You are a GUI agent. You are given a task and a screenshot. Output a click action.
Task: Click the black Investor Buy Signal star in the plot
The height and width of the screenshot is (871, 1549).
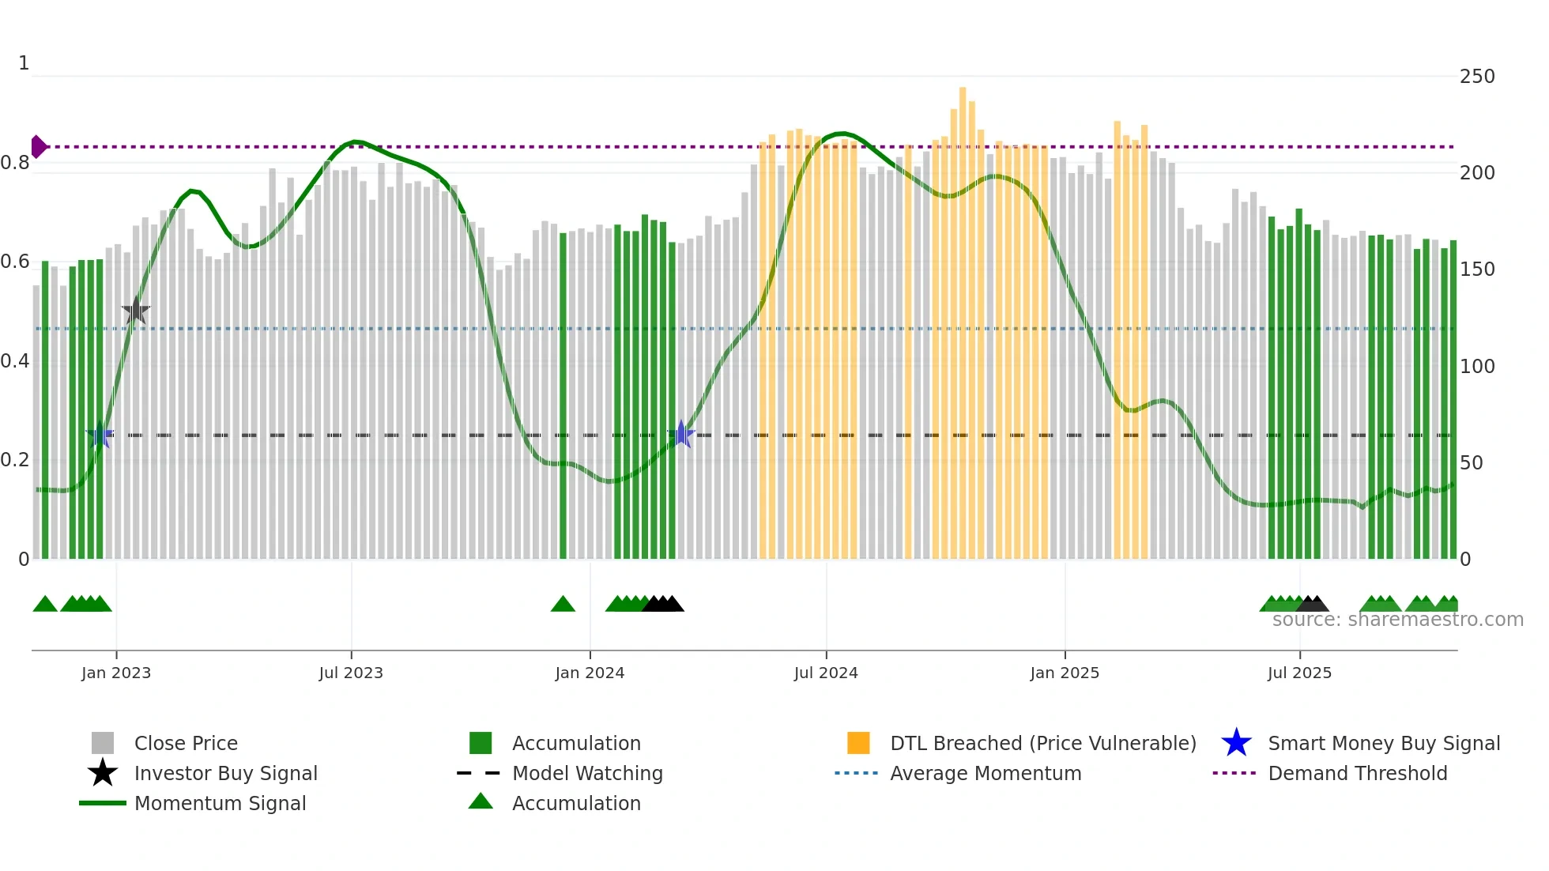click(136, 311)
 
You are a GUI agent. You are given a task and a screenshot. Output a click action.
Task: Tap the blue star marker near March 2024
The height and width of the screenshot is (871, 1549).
click(681, 434)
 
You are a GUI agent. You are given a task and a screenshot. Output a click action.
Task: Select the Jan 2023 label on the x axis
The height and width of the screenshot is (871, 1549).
click(116, 673)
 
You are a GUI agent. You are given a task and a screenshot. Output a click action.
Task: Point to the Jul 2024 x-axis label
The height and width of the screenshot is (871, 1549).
click(826, 673)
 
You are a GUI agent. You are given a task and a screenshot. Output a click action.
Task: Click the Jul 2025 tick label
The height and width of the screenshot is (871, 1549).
click(1299, 673)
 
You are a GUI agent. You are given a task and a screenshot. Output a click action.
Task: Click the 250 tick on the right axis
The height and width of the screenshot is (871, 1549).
click(1477, 77)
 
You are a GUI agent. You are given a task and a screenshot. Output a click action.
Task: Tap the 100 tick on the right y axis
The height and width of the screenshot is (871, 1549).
click(1477, 366)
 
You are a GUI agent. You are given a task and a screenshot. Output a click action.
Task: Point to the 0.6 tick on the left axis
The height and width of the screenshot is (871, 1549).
click(15, 262)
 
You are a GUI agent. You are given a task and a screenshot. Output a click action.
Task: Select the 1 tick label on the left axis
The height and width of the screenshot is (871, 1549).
click(24, 63)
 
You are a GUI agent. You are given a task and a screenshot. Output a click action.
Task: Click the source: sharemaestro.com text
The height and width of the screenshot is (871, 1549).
click(1397, 620)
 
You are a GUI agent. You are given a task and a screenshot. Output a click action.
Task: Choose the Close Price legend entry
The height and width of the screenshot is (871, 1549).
click(186, 743)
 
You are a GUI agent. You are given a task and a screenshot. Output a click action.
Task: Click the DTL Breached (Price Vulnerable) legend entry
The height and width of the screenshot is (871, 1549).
click(1042, 743)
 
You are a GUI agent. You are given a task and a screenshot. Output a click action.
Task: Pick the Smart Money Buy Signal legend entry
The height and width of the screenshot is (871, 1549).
click(1383, 743)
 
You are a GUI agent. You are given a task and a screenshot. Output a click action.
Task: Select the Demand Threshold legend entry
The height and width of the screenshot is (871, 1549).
click(1357, 773)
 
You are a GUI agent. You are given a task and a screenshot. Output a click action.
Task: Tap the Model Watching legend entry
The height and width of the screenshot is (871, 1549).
click(587, 773)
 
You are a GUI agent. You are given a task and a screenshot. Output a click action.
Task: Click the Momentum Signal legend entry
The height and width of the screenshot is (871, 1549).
click(220, 803)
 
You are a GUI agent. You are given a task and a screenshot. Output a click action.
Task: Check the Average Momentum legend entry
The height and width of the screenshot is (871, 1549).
click(986, 773)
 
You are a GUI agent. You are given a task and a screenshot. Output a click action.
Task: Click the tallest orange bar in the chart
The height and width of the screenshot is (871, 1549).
click(963, 316)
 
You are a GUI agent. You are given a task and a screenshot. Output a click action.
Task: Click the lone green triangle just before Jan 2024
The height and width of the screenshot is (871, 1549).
click(563, 605)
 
